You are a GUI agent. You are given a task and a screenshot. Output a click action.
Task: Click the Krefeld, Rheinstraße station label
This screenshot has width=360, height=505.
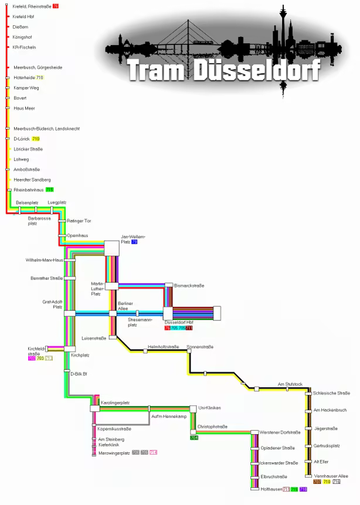click(32, 6)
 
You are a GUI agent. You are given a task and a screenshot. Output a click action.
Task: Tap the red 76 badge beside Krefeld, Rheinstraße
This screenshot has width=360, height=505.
click(55, 6)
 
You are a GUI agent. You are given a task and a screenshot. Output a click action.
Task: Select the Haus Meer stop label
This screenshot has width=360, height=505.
click(24, 108)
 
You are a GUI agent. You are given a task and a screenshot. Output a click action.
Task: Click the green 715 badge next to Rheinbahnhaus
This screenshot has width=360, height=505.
click(49, 190)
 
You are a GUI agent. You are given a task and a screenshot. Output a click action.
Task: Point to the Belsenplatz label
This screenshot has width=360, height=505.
click(27, 203)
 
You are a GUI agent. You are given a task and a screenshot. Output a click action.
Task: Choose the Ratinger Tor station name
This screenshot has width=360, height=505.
click(79, 221)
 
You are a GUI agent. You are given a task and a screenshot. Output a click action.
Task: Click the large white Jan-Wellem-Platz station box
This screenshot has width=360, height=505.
click(111, 248)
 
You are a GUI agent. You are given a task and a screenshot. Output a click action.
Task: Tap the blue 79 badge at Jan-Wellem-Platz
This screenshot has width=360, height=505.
click(134, 241)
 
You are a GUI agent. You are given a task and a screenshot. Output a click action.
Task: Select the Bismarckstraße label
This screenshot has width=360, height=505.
click(189, 285)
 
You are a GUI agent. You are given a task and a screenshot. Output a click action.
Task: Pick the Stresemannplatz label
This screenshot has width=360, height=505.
click(140, 321)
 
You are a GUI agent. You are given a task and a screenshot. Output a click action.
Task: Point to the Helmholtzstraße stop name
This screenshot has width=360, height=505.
click(163, 347)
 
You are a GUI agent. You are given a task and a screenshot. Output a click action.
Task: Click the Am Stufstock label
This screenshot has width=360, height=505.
click(290, 384)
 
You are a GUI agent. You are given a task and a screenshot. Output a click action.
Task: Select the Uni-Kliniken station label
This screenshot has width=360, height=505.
click(209, 407)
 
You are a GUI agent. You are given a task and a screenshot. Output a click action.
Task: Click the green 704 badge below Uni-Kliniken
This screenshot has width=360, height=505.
click(194, 438)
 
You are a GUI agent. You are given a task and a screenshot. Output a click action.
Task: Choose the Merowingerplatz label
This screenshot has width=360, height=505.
click(113, 453)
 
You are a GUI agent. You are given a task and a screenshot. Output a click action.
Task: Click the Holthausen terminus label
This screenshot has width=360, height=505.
click(271, 489)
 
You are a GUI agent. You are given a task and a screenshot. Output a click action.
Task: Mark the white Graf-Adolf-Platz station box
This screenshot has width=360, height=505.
click(70, 313)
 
